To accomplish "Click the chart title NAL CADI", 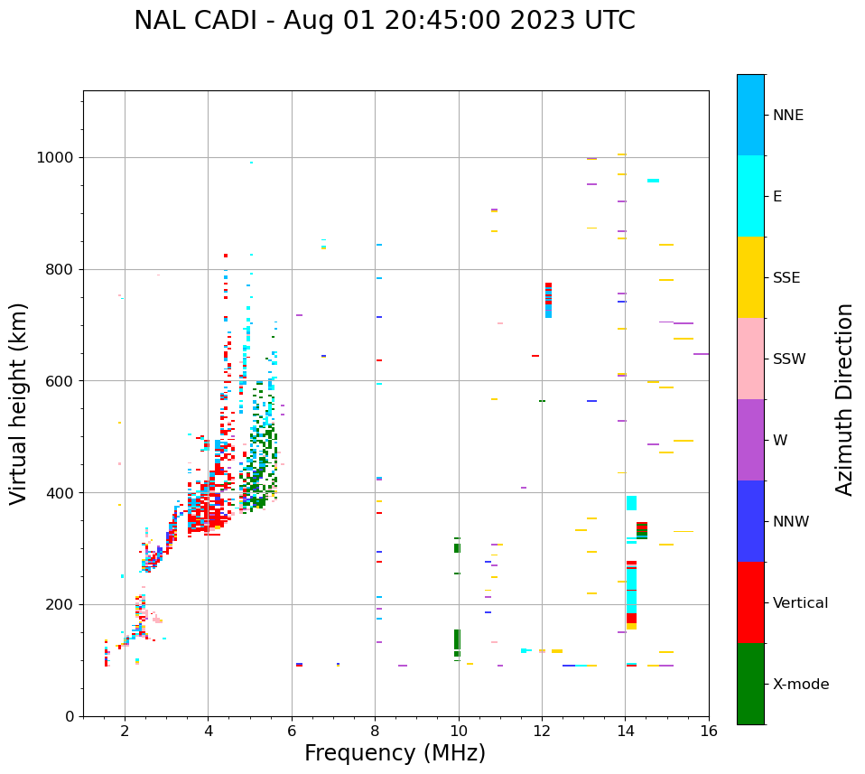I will coord(384,21).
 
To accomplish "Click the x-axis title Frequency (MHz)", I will coord(395,753).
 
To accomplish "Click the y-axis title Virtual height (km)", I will coord(19,404).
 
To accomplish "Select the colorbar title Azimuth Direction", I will coord(844,399).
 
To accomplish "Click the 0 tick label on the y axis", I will coord(70,716).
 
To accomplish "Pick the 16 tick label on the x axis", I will coord(708,732).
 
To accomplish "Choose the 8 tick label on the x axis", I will coord(375,732).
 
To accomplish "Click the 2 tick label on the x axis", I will coord(125,732).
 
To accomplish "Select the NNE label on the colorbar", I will coord(787,116).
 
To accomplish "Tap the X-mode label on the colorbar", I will coord(800,685).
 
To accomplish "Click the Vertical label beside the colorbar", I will coord(800,603).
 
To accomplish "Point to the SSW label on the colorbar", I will coord(788,359).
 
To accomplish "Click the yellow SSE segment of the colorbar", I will coord(750,277).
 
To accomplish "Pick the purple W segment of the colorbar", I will coord(750,440).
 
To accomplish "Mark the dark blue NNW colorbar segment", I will coord(750,521).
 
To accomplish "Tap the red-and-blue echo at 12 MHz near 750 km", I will coord(548,300).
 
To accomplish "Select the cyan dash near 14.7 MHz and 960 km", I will coord(653,181).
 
